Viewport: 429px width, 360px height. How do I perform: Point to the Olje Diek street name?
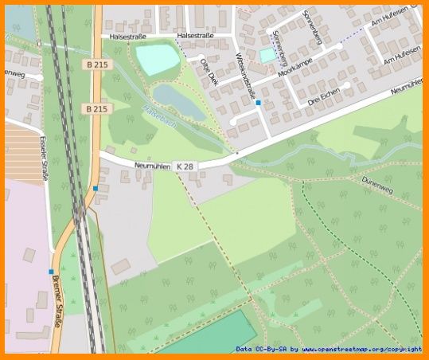coord(209,72)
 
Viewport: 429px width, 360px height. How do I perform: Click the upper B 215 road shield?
coord(96,64)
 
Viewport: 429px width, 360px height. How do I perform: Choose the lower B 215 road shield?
coord(96,108)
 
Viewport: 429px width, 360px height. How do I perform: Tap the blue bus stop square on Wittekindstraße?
coord(258,103)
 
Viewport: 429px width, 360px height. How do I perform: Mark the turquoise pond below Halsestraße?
coord(157,58)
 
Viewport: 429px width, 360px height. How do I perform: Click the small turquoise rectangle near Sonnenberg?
coord(267,55)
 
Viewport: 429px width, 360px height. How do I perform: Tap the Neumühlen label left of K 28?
coord(154,165)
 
